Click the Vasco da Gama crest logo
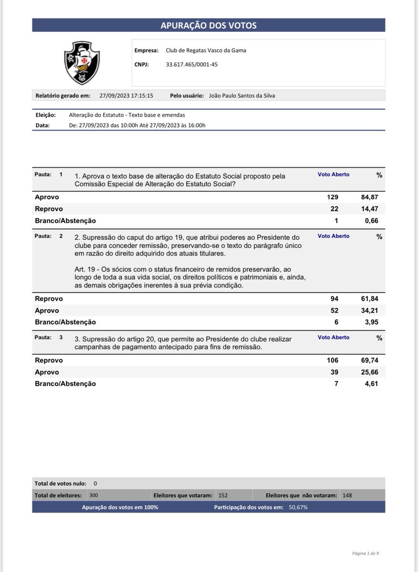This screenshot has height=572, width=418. coord(82,62)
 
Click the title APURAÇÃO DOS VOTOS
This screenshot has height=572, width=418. coord(209,26)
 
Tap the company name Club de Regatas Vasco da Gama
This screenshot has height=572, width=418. coord(206,51)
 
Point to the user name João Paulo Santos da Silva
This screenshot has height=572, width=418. coord(242,95)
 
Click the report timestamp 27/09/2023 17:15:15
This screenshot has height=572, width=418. coord(126,95)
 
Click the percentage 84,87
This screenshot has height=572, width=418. coord(369,197)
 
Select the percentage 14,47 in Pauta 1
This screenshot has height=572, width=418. coord(369,209)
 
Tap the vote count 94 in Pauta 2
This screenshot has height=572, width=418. coord(334,299)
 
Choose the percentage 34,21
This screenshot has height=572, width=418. coord(369,311)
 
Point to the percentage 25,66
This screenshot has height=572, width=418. coord(369,372)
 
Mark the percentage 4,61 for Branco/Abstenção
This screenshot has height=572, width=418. coord(371,384)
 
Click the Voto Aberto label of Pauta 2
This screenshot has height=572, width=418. coord(334,236)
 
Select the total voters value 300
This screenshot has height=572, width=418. coord(94,496)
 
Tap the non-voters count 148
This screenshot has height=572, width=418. coord(347,496)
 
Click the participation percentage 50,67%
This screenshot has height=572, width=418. coord(298,508)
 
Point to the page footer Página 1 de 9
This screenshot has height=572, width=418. coord(366,553)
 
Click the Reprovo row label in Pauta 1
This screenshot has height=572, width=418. coord(49,209)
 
